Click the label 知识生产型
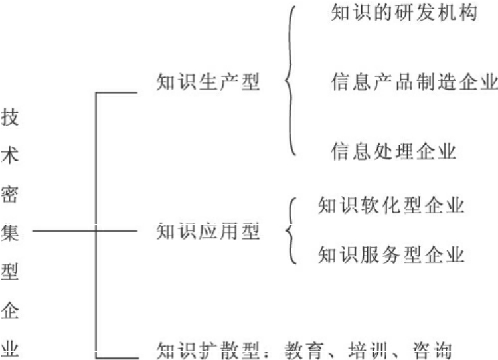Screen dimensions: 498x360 pyautogui.click(x=207, y=82)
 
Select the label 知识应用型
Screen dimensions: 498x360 pyautogui.click(x=207, y=231)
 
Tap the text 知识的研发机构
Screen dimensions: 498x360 pyautogui.click(x=404, y=14)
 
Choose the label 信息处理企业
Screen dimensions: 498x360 pyautogui.click(x=393, y=151)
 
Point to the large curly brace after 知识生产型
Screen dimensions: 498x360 pyautogui.click(x=290, y=82)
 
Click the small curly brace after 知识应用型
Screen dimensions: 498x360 pyautogui.click(x=290, y=230)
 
